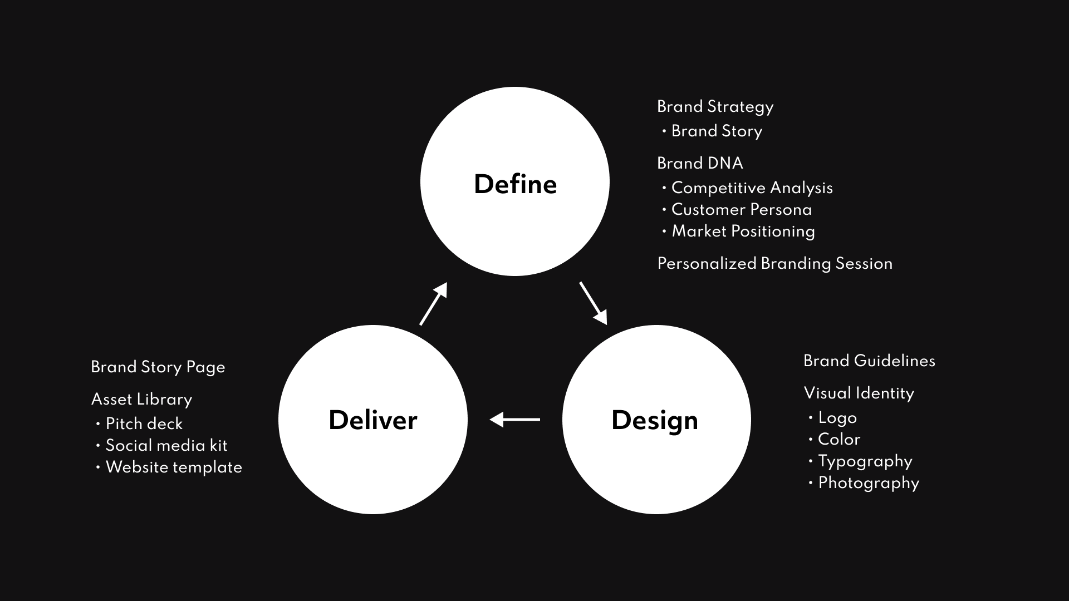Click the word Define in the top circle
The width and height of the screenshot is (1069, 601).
515,184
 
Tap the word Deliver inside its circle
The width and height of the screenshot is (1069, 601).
372,420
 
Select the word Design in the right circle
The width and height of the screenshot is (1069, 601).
654,420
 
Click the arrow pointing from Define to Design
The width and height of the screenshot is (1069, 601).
593,303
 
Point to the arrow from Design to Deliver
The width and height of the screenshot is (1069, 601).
514,419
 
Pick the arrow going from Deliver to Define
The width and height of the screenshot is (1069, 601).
434,303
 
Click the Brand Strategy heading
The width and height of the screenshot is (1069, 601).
715,106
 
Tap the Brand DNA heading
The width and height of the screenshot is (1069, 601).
700,163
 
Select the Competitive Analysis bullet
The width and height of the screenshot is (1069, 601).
752,188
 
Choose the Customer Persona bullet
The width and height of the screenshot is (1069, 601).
741,209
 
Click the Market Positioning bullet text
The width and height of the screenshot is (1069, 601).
743,231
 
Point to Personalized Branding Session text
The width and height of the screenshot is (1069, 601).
774,263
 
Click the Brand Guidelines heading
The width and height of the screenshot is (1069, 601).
869,361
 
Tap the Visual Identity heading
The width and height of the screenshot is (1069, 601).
859,393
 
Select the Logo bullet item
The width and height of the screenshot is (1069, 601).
837,417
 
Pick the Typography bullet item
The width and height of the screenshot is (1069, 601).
865,461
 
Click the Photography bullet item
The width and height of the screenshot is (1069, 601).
868,482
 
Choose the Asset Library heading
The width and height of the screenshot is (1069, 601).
141,399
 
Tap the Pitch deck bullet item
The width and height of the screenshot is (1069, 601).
144,423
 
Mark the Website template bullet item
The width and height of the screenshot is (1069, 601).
174,467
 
